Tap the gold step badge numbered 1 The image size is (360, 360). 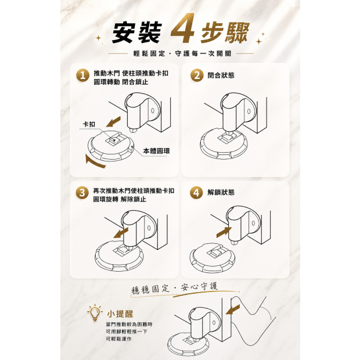tap(82, 75)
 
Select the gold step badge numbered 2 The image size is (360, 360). tap(197, 75)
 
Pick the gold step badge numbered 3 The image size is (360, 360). tap(82, 193)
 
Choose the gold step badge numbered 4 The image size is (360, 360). tap(196, 193)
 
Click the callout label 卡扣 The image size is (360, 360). tap(89, 124)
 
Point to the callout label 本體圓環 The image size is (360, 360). tap(156, 151)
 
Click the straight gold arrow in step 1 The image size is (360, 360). tap(113, 122)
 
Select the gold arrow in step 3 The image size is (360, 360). tap(121, 233)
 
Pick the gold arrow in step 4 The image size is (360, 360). tap(224, 232)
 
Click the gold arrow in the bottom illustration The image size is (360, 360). tap(233, 309)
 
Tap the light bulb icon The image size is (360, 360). tap(95, 312)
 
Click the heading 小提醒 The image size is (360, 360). tap(120, 314)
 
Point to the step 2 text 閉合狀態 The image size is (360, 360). tap(221, 75)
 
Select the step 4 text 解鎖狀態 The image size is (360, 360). tap(221, 192)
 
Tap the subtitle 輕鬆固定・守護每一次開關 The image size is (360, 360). tap(182, 53)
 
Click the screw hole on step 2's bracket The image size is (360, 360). tap(249, 111)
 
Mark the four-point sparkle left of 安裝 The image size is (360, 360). tap(99, 38)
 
